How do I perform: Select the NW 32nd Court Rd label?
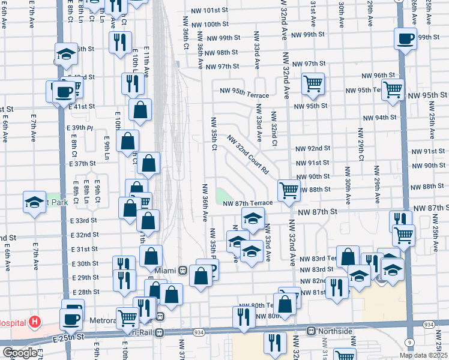(x=247, y=155)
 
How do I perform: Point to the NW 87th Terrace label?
(x=248, y=203)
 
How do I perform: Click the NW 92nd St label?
(x=313, y=148)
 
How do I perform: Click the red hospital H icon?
(x=35, y=322)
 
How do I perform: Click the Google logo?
(x=20, y=353)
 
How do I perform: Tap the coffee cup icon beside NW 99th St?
(x=406, y=39)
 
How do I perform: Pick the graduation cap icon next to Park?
(x=35, y=202)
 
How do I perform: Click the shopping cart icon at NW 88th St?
(x=289, y=190)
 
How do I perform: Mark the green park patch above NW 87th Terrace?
(x=224, y=195)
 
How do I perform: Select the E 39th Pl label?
(x=81, y=128)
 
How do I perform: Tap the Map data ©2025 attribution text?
(x=423, y=355)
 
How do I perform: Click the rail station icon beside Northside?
(x=311, y=331)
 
